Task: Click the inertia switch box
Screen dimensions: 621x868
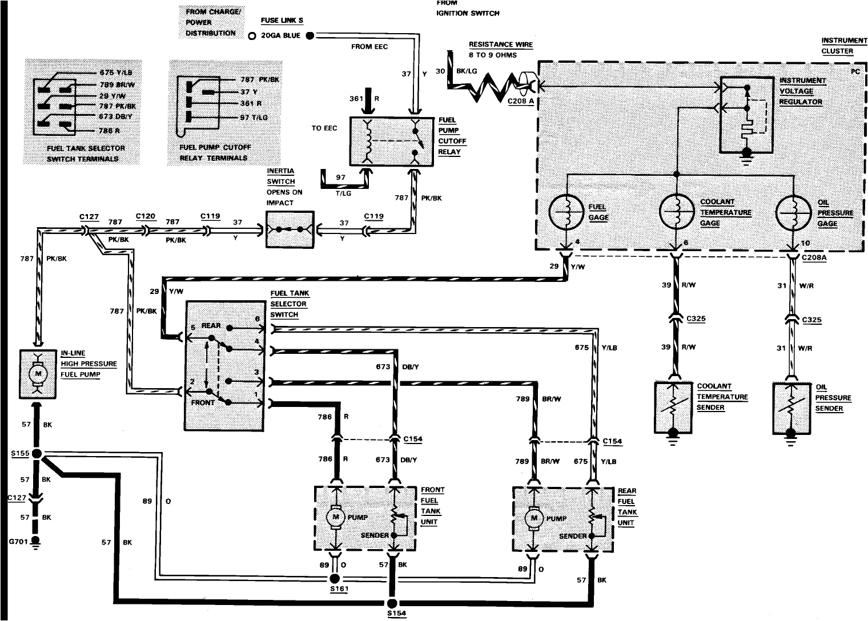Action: [290, 229]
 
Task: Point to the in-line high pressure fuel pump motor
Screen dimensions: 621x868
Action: [39, 373]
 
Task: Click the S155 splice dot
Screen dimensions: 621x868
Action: [37, 454]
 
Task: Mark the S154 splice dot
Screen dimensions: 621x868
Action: [392, 603]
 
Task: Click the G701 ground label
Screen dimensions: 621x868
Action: [17, 539]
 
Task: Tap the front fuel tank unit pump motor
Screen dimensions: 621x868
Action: [335, 517]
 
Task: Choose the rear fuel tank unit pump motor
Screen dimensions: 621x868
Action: [535, 518]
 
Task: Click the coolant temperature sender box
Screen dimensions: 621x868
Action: [674, 406]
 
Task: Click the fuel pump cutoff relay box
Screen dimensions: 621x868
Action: [392, 142]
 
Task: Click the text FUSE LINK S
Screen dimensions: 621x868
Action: [282, 21]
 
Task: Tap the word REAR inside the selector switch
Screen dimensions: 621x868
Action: [211, 326]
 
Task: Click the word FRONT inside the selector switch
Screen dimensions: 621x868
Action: [203, 402]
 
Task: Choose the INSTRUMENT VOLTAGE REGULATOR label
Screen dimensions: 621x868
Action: [802, 91]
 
